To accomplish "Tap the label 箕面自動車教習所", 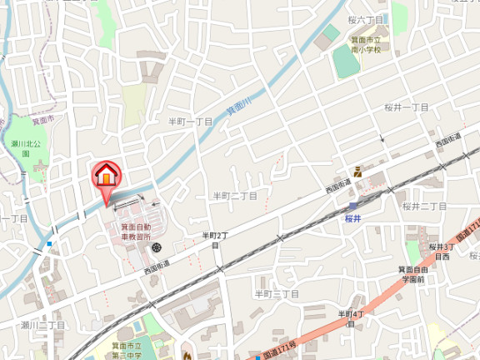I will point(136,232).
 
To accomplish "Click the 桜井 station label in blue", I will point(352,218).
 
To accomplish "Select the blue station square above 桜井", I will point(353,206).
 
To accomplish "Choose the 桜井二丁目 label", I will point(425,206).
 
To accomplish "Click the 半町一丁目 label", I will point(191,122).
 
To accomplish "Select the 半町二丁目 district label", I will point(234,196).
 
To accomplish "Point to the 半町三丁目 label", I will point(277,294).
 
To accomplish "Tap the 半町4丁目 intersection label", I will point(352,317).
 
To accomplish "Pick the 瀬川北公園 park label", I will point(20,148).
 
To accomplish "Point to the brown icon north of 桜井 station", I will point(357,172).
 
